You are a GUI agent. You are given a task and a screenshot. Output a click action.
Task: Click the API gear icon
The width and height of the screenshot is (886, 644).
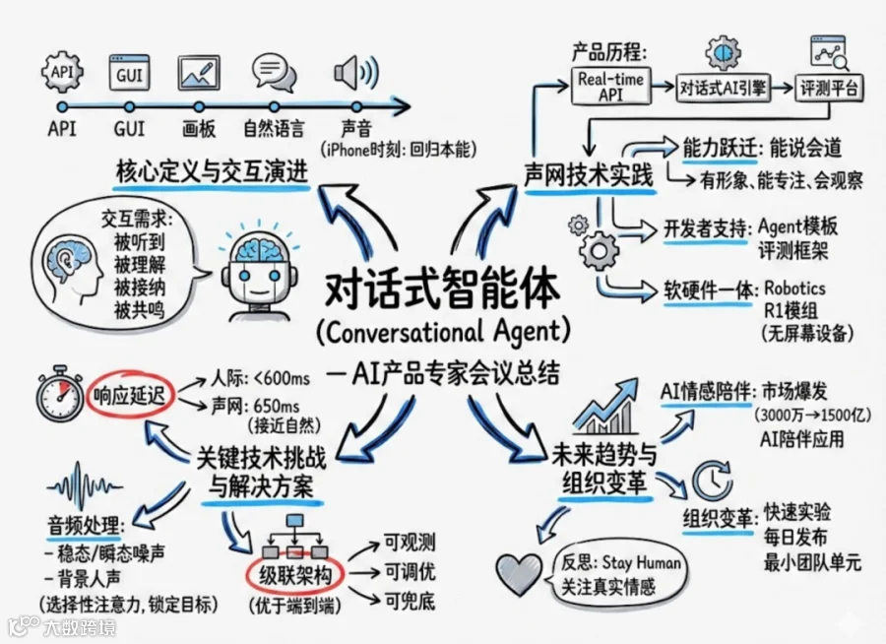click(x=62, y=72)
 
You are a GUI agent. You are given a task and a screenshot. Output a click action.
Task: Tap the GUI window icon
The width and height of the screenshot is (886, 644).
click(x=129, y=72)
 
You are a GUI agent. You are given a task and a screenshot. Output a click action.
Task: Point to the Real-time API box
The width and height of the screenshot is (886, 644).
click(x=610, y=87)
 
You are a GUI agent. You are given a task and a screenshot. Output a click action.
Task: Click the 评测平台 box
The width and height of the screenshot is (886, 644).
click(x=829, y=89)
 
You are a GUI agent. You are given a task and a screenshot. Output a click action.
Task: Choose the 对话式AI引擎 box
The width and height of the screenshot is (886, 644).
click(x=724, y=88)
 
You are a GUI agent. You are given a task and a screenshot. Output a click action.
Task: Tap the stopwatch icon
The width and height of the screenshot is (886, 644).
click(x=60, y=392)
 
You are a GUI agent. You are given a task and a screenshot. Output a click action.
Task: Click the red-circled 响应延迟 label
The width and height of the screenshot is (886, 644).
click(x=129, y=395)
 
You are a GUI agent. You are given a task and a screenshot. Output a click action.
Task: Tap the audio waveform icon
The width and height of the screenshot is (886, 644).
click(x=85, y=487)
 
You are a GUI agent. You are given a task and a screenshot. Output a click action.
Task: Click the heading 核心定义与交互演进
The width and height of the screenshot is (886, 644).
click(x=212, y=170)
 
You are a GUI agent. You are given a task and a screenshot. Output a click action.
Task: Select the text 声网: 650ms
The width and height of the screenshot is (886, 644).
click(x=255, y=406)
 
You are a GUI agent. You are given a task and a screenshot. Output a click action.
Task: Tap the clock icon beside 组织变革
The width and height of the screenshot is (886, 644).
click(x=713, y=481)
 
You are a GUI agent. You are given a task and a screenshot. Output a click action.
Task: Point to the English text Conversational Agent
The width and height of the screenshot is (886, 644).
click(x=444, y=332)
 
